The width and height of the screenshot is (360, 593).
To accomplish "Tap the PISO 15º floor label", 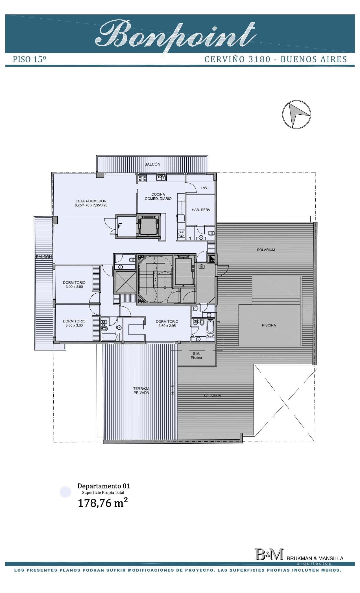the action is (30, 59).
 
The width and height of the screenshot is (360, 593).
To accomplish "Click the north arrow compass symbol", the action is (296, 114).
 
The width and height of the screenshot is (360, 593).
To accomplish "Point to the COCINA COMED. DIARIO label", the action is (158, 197).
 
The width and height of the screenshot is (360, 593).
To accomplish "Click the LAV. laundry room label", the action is (204, 188).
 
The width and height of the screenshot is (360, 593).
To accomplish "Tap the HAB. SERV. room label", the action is (201, 210).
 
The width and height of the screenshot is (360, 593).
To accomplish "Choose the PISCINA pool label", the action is (269, 325).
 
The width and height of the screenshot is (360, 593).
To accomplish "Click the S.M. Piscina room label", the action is (196, 356).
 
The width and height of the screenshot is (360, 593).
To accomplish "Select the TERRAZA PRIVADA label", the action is (141, 391).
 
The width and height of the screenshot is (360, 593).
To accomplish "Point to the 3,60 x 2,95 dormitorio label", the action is (167, 326).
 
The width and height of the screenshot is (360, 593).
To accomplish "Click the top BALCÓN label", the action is (152, 164).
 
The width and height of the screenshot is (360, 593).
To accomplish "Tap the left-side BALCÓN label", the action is (44, 257).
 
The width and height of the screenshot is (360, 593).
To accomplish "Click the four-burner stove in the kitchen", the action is (142, 178).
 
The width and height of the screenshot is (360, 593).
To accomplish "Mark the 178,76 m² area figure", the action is (103, 503).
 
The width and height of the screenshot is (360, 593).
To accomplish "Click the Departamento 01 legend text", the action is (104, 486).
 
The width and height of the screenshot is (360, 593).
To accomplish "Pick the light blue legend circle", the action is (66, 492).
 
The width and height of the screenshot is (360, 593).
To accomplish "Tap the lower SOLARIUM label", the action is (212, 396).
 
